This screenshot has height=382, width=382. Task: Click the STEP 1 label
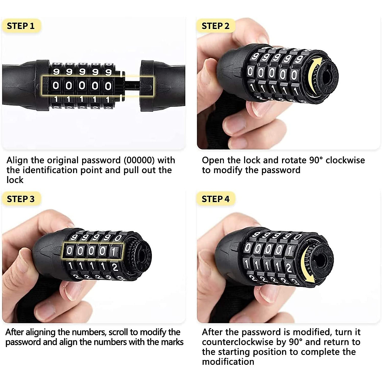[21, 26]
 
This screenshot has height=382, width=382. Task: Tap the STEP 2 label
[216, 26]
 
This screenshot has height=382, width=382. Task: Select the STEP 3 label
[21, 199]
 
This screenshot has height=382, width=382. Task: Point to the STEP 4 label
[216, 199]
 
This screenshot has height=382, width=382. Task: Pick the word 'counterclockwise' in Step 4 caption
[244, 342]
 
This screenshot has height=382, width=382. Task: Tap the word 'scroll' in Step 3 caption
[118, 332]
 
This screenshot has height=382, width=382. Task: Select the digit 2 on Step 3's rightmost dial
[115, 267]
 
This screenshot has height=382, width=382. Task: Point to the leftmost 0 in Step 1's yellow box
[56, 85]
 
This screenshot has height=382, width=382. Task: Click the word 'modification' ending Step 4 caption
[228, 362]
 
